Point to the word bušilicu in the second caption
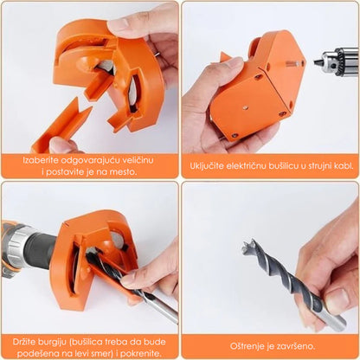(x=283, y=166)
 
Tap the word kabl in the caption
(x=344, y=166)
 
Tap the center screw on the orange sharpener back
(x=245, y=107)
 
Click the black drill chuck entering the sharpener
(x=42, y=248)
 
